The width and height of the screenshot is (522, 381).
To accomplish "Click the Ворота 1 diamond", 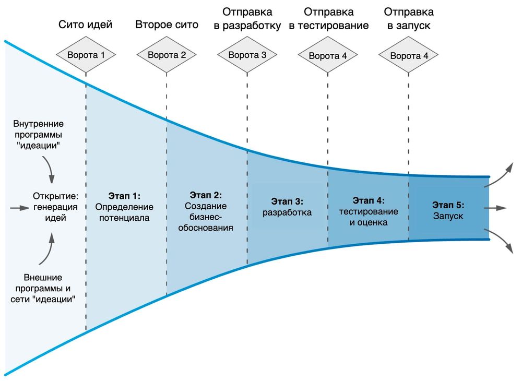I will coord(86,54).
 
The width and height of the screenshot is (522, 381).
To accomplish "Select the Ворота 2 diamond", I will coord(167,54).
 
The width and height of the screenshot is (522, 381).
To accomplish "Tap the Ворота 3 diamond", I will coord(247,54).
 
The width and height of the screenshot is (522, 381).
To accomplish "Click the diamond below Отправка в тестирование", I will coord(328,55).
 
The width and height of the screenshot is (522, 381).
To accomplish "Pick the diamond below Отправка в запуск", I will coord(409,55).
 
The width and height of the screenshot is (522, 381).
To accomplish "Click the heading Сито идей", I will coord(86,24).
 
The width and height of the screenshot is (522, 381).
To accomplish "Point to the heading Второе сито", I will coord(167,24).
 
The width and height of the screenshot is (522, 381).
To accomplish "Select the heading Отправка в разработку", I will coord(247,18).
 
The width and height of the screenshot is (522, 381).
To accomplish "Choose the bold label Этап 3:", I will coord(287,201).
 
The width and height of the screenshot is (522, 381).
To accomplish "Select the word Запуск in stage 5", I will coord(448,216).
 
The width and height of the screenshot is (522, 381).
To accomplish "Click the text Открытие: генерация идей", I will coord(55,207).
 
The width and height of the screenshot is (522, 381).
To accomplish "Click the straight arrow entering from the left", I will coord(17,208).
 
